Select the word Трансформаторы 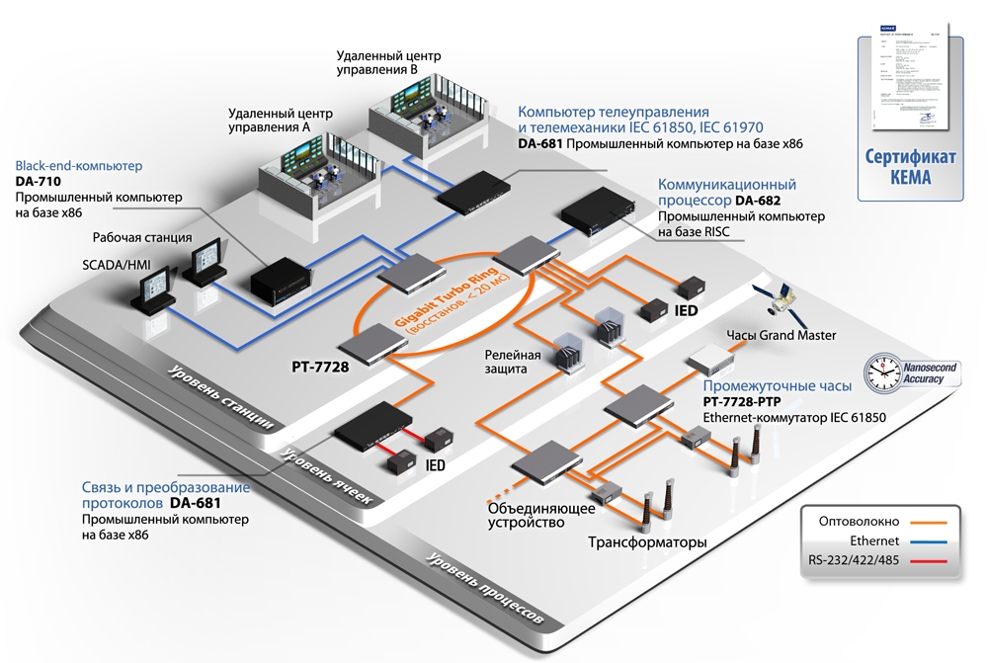click(647, 542)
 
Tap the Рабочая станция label click(145, 237)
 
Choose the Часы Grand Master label click(781, 335)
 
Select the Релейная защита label click(512, 362)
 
